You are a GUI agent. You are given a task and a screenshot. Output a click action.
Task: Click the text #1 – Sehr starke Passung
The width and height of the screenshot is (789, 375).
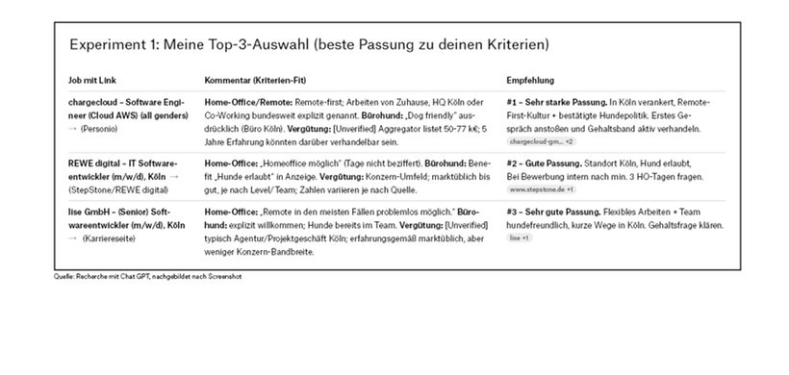coord(557,101)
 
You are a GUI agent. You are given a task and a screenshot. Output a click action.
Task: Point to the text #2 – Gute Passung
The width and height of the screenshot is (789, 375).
coord(543,164)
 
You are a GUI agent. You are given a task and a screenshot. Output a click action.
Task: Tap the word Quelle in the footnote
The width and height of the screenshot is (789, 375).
coord(64,276)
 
